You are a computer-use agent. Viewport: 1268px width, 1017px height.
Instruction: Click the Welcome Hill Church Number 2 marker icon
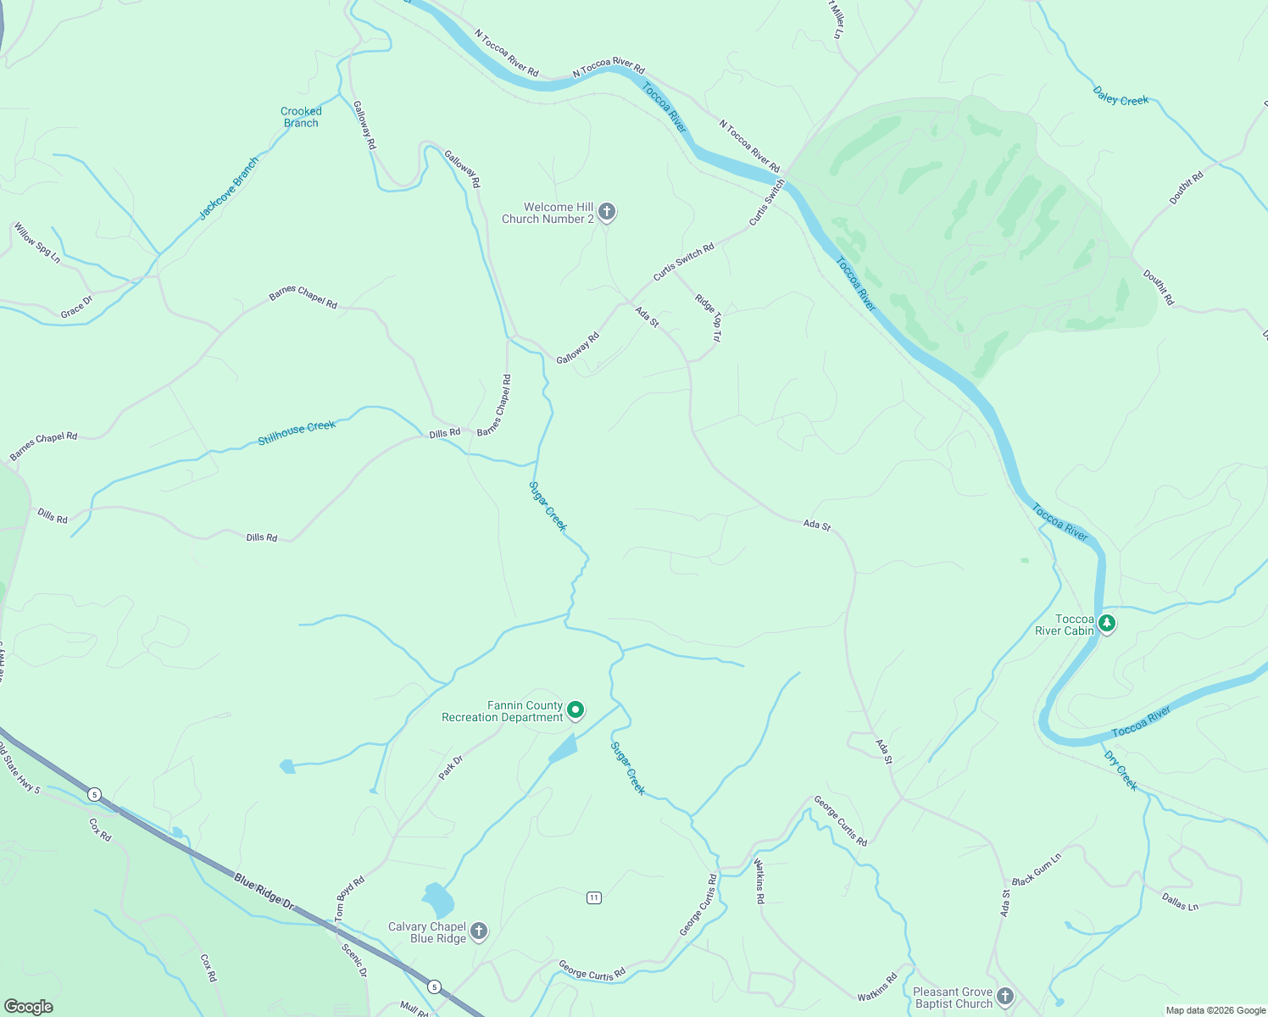click(x=606, y=211)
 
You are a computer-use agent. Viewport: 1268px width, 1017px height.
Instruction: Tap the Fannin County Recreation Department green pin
click(x=576, y=709)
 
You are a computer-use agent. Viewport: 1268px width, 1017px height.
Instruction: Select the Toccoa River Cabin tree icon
click(x=1106, y=624)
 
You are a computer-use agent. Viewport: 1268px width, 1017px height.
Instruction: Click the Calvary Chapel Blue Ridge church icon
click(x=479, y=931)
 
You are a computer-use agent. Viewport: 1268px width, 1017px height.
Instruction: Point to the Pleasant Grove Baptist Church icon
click(x=1005, y=996)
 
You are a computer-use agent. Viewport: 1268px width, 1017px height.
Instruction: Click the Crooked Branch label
click(x=301, y=117)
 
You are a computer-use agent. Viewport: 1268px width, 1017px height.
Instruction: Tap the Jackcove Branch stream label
click(x=229, y=188)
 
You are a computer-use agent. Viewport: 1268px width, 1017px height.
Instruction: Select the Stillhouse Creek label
click(x=297, y=432)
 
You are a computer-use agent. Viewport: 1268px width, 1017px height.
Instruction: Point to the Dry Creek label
click(x=1121, y=770)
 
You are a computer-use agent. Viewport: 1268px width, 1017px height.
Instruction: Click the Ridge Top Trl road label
click(x=709, y=317)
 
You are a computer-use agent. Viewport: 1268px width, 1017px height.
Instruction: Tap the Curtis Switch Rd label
click(x=683, y=262)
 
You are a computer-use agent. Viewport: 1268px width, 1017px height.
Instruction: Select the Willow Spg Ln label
click(x=37, y=242)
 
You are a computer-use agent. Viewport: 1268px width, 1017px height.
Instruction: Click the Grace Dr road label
click(x=76, y=307)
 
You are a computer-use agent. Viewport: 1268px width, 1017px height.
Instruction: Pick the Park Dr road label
click(x=450, y=767)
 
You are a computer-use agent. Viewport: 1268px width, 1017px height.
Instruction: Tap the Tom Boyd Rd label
click(x=349, y=898)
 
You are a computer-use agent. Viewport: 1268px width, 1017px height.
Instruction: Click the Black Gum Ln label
click(x=1036, y=870)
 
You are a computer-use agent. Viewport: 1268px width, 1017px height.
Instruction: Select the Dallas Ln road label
click(x=1180, y=902)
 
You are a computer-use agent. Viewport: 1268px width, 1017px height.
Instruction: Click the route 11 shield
click(x=594, y=898)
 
